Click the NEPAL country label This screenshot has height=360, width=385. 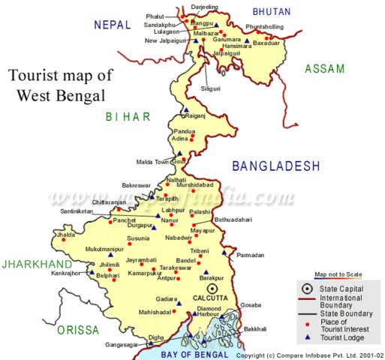coord(113,25)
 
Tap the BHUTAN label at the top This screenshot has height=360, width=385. coord(272,11)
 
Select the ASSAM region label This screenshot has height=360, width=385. coord(324,69)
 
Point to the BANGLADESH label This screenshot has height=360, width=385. coord(275,166)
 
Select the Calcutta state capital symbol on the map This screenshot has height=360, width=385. coord(212,288)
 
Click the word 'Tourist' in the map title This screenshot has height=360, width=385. coord(37,75)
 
